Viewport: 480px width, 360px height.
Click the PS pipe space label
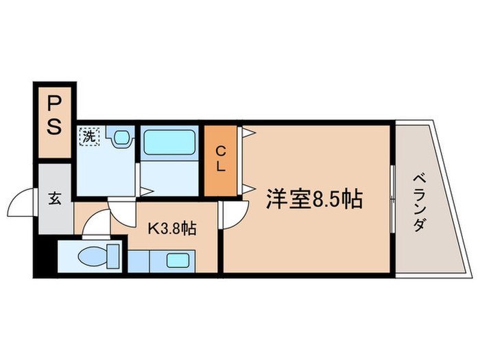54,117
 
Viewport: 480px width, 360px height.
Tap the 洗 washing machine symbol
89,136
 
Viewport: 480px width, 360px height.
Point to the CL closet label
221,158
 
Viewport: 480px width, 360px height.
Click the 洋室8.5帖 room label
314,199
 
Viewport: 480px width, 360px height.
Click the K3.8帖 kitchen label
172,228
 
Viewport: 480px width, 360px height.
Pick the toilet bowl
94,258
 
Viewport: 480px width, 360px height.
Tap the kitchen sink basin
178,260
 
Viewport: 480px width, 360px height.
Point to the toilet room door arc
95,222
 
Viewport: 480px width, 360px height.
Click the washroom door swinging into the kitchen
123,213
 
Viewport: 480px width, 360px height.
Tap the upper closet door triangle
248,131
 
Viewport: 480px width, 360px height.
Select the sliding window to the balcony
392,199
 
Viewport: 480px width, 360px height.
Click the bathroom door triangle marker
145,189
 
